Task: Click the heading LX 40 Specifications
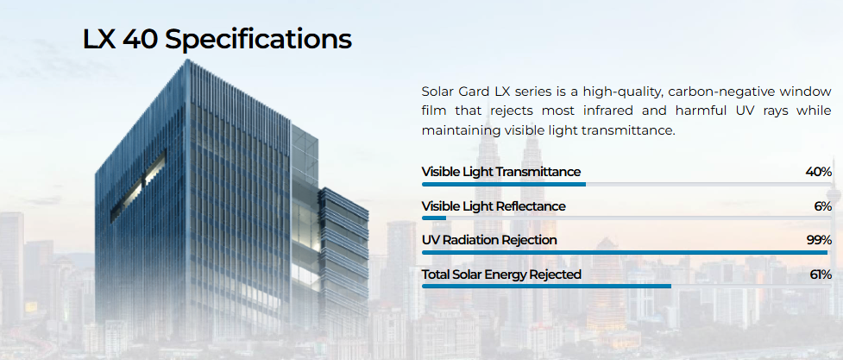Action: tap(217, 41)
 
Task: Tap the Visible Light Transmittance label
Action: tap(501, 172)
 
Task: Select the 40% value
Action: tap(818, 172)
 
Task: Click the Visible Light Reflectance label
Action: tap(494, 206)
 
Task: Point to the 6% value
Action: tap(822, 206)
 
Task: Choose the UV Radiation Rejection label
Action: tap(489, 240)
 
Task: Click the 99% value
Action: tap(819, 240)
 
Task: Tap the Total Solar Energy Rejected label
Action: tap(501, 275)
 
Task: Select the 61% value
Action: tap(821, 275)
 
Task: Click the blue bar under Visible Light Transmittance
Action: tap(504, 185)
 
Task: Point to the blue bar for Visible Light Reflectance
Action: tap(434, 218)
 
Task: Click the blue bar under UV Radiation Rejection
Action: tap(625, 252)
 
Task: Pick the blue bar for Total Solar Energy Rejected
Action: tap(547, 287)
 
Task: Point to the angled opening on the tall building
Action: tap(138, 186)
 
